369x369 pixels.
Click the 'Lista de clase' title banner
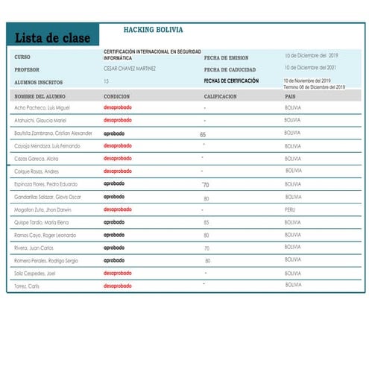tap(52, 37)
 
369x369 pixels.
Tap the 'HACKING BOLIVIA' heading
tap(153, 31)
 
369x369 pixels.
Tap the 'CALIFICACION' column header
tap(221, 96)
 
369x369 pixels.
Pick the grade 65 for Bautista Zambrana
tap(203, 135)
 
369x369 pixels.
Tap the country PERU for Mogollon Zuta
tap(291, 210)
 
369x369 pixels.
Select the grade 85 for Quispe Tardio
tap(206, 222)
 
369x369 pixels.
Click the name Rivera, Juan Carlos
tap(34, 247)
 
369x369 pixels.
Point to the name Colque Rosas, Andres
tap(37, 171)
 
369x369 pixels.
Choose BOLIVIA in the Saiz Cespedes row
tap(293, 273)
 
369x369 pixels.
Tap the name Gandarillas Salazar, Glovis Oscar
tap(48, 197)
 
